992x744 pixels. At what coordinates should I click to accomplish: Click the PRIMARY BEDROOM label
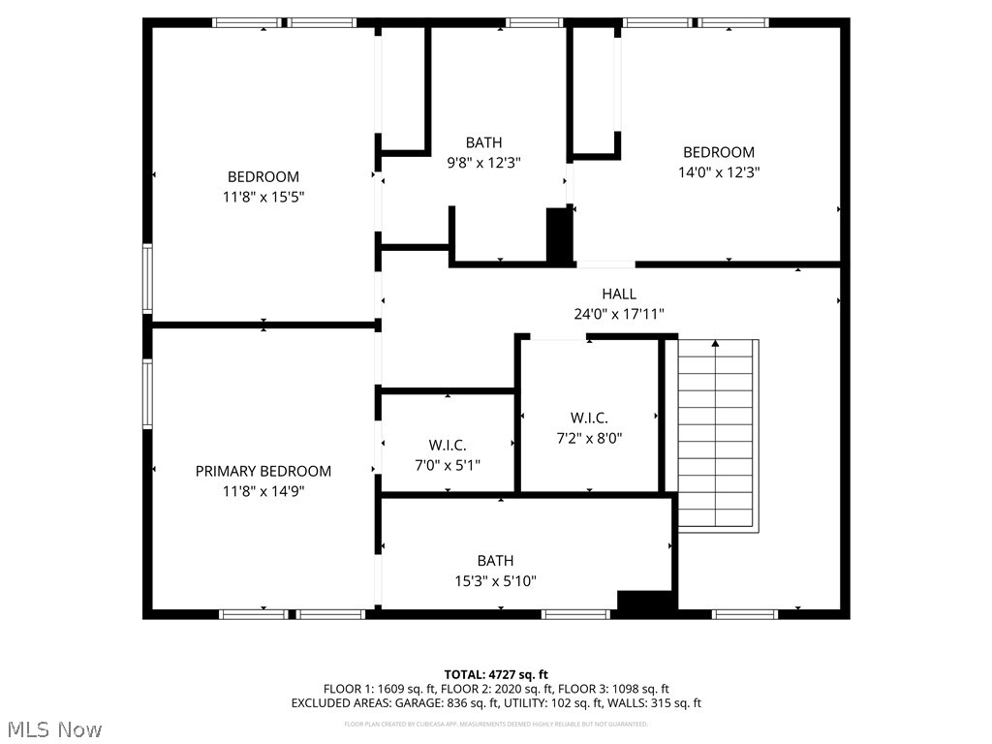263,471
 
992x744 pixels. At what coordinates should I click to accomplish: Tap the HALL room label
619,294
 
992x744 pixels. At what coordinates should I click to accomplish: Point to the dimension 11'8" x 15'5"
263,197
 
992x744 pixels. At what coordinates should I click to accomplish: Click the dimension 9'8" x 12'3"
483,163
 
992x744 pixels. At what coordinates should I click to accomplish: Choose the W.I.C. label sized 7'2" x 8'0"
589,418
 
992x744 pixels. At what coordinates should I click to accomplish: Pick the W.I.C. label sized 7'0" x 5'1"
448,445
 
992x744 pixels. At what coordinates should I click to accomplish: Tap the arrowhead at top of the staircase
716,342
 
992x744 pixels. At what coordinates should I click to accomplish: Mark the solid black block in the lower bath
645,601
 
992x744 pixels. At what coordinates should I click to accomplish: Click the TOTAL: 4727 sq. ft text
496,674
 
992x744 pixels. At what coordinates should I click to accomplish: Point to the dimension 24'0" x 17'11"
619,314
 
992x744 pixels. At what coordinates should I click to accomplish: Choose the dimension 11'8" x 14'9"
263,491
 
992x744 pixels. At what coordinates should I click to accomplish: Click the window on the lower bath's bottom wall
575,613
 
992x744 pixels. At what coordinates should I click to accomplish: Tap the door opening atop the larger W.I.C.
559,336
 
